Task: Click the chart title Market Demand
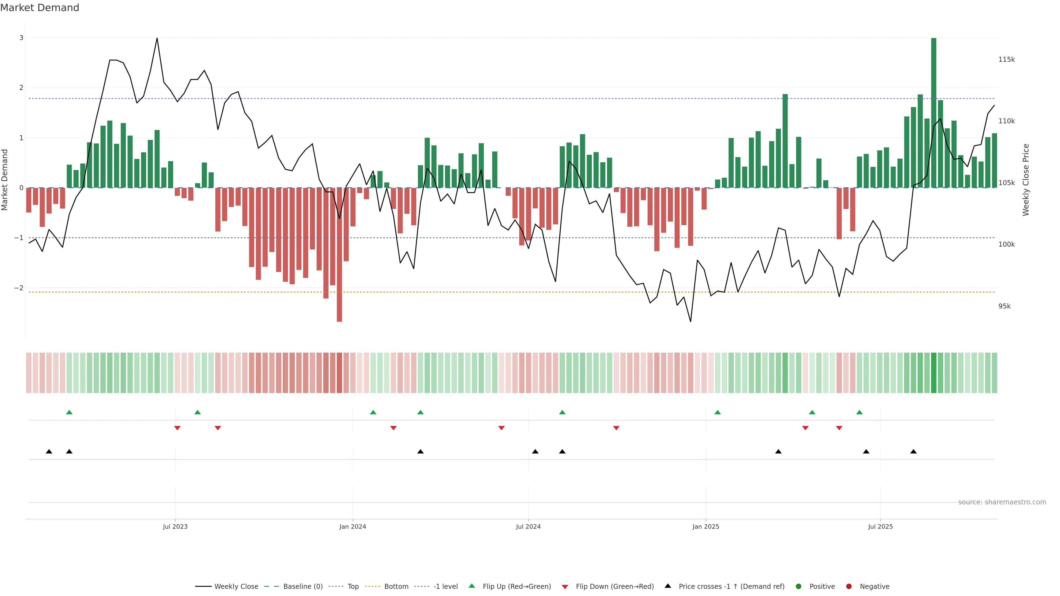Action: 39,8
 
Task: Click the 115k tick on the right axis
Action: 1006,60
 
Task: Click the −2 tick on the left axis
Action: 19,288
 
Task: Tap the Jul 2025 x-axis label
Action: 880,526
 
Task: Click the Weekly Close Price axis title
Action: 1025,180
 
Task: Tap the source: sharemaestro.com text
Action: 1002,502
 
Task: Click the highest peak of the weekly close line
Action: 157,38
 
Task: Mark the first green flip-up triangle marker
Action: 69,412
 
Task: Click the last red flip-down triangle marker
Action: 839,428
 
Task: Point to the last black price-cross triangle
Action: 913,452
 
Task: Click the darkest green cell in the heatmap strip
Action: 933,373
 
